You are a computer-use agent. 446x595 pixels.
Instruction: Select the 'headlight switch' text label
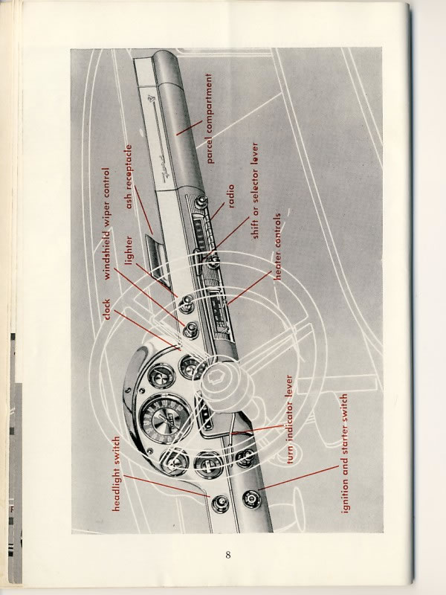pyautogui.click(x=117, y=475)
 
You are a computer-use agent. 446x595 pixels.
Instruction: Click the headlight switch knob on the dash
pyautogui.click(x=220, y=504)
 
